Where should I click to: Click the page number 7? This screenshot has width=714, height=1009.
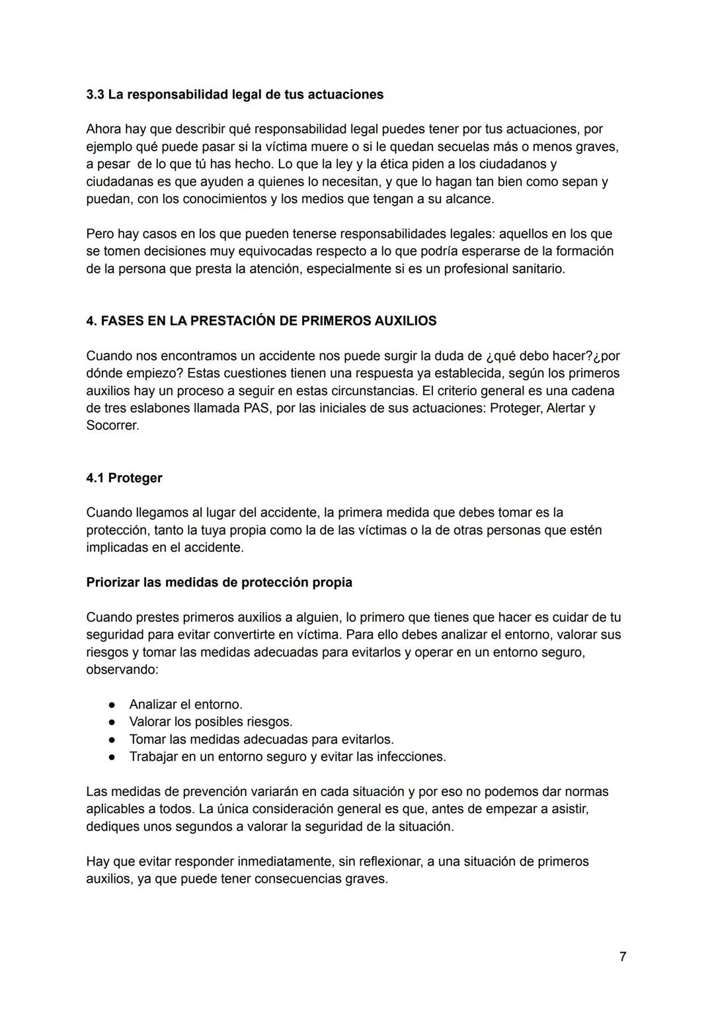pyautogui.click(x=623, y=956)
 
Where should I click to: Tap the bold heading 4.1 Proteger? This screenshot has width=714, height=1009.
pyautogui.click(x=124, y=478)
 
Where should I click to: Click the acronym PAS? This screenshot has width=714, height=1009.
pyautogui.click(x=257, y=408)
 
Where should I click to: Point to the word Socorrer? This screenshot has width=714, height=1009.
pyautogui.click(x=112, y=425)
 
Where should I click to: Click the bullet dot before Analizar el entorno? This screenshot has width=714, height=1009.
pyautogui.click(x=112, y=705)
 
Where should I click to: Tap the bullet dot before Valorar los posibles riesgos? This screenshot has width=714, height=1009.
pyautogui.click(x=112, y=722)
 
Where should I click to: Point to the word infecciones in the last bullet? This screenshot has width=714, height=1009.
pyautogui.click(x=411, y=756)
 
